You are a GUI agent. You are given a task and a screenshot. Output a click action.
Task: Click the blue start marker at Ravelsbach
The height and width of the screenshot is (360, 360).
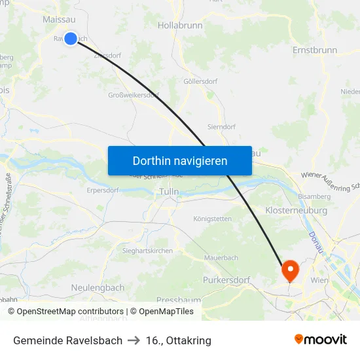click(x=70, y=39)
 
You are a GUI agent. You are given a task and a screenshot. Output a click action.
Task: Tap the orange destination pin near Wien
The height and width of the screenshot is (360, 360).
click(x=289, y=269)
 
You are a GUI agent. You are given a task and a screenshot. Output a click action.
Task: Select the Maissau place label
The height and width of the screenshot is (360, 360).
click(x=58, y=20)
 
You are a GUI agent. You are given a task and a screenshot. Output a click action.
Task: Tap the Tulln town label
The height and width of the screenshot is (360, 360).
click(x=168, y=192)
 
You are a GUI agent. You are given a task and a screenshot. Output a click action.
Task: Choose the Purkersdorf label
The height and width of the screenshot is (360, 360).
click(x=226, y=280)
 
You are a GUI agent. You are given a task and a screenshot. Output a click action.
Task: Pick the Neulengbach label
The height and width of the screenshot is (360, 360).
click(x=97, y=287)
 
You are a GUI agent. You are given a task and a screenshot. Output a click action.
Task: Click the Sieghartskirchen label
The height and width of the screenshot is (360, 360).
click(x=147, y=251)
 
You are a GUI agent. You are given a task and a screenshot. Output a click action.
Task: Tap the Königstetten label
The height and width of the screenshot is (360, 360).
click(x=213, y=219)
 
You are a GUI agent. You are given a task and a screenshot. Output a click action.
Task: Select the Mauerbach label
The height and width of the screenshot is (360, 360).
click(x=221, y=258)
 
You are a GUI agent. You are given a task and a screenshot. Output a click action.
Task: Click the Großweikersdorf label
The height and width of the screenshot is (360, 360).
click(x=133, y=95)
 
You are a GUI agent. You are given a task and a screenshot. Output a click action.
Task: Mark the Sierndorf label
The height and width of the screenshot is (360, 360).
click(x=221, y=127)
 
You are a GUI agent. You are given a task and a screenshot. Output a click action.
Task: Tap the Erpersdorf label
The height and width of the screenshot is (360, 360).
click(x=106, y=191)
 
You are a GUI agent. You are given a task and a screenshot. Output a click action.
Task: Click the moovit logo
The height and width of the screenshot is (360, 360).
click(x=321, y=340)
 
